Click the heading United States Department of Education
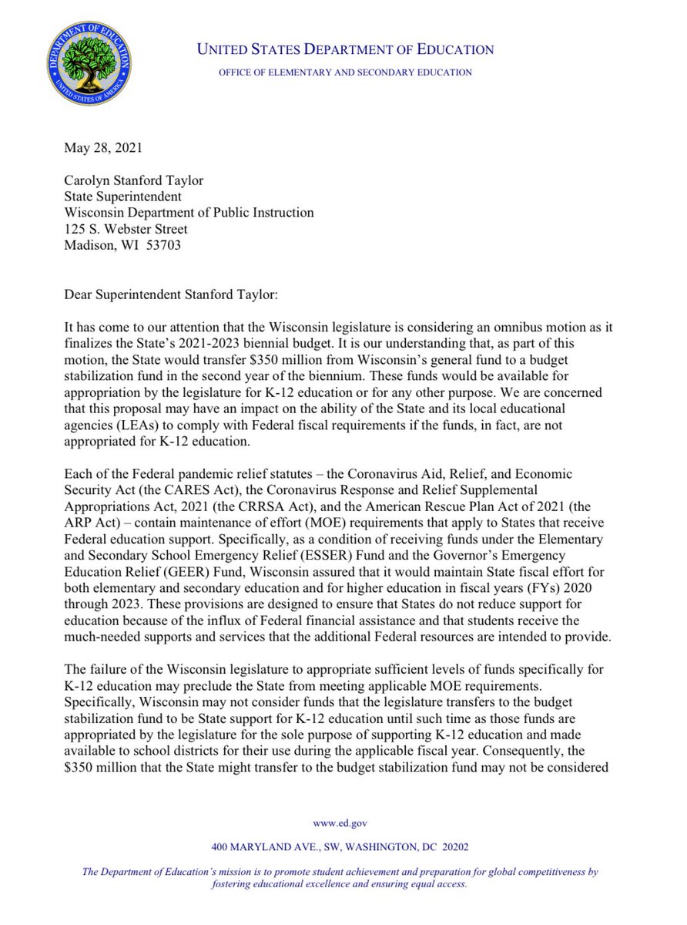(x=346, y=50)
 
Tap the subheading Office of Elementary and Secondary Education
(x=345, y=72)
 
